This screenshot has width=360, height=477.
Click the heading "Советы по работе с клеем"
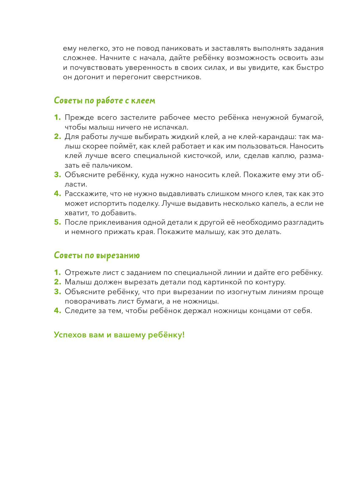point(104,101)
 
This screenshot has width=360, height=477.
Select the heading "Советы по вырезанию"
point(97,255)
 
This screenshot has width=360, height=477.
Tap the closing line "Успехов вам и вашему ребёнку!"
point(119,335)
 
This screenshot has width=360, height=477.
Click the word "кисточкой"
point(203,156)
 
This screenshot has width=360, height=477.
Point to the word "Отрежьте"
point(82,273)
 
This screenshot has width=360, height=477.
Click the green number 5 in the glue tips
point(58,222)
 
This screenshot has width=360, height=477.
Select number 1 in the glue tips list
point(58,118)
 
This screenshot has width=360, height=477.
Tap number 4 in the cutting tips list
point(58,311)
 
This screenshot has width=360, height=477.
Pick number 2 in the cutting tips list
point(58,282)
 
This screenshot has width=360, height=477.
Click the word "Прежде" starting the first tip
point(79,118)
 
